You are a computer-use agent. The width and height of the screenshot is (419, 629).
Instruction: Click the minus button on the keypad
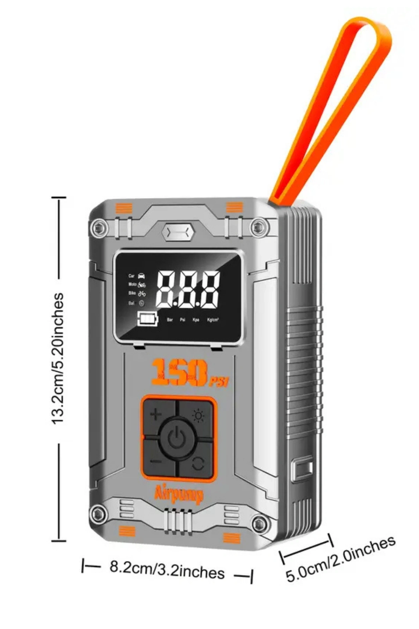pos(156,461)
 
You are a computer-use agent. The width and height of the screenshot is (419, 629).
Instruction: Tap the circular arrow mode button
pos(198,463)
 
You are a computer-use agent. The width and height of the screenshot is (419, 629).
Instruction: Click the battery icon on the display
pos(148,319)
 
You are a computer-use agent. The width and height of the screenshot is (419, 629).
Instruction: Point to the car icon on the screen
pos(141,276)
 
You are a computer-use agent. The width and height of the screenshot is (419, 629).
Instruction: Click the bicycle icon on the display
pos(142,294)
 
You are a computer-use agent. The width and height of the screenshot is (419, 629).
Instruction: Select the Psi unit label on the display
pos(182,319)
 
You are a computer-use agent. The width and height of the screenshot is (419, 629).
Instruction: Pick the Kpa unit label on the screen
pos(196,319)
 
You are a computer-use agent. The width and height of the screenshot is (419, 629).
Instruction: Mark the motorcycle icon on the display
pos(142,285)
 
